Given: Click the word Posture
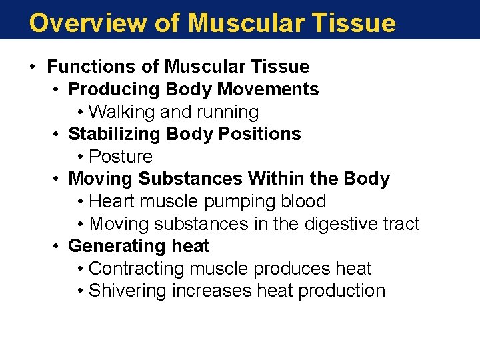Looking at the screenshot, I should pyautogui.click(x=121, y=157).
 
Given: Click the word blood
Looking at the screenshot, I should pyautogui.click(x=304, y=201).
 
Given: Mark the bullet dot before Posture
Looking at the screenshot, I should pyautogui.click(x=80, y=157).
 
